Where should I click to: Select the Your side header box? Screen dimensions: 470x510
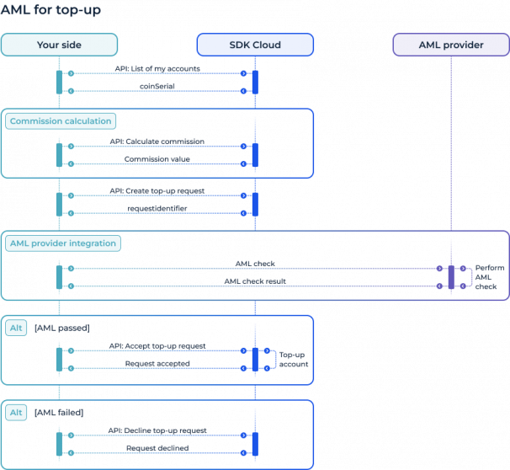pyautogui.click(x=59, y=45)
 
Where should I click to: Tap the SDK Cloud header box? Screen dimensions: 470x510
pyautogui.click(x=255, y=45)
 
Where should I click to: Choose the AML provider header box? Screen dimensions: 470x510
pyautogui.click(x=450, y=45)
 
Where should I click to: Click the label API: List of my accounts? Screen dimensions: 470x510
pyautogui.click(x=157, y=68)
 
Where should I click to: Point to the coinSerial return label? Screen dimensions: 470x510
pyautogui.click(x=157, y=86)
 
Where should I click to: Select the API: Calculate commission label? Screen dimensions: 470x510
pyautogui.click(x=157, y=141)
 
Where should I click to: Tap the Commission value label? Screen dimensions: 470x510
pyautogui.click(x=157, y=158)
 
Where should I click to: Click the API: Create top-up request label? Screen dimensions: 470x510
pyautogui.click(x=157, y=190)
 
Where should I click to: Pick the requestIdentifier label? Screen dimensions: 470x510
pyautogui.click(x=157, y=208)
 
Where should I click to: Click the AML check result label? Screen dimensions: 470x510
pyautogui.click(x=255, y=280)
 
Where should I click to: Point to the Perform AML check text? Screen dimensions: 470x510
pyautogui.click(x=490, y=276)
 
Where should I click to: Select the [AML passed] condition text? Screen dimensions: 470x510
pyautogui.click(x=61, y=328)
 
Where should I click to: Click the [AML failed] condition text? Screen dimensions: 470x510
pyautogui.click(x=59, y=413)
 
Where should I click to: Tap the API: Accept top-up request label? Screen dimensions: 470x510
pyautogui.click(x=157, y=345)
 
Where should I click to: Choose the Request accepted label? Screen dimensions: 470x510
pyautogui.click(x=157, y=363)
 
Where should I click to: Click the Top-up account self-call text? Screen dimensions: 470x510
pyautogui.click(x=293, y=360)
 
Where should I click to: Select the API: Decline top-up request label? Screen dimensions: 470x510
pyautogui.click(x=157, y=430)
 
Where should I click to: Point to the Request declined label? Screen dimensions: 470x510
pyautogui.click(x=157, y=448)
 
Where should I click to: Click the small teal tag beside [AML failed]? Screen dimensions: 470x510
pyautogui.click(x=16, y=413)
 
